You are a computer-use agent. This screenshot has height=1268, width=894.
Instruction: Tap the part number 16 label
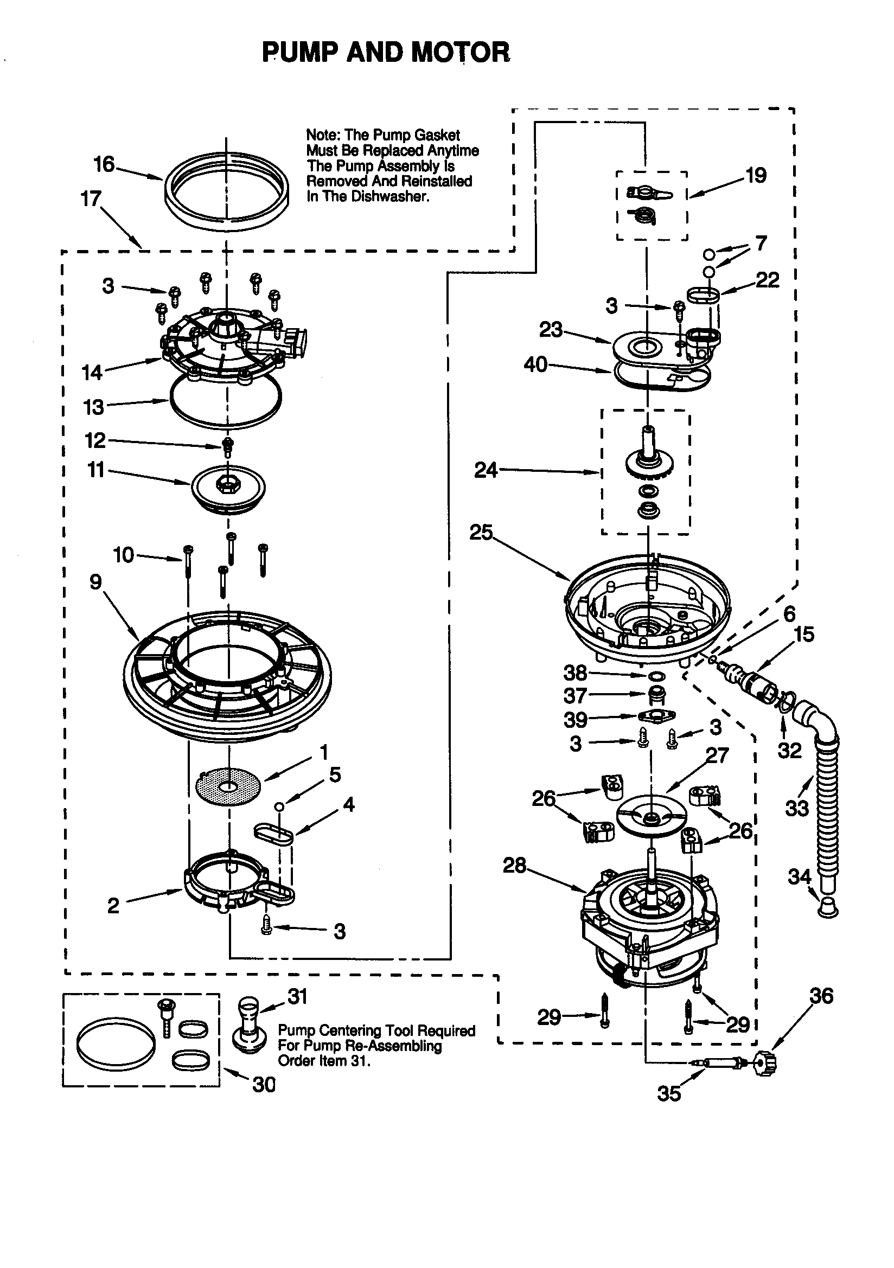click(x=103, y=164)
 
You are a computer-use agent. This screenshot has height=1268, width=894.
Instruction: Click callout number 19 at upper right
click(x=756, y=176)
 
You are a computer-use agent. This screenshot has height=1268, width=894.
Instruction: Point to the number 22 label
click(x=767, y=280)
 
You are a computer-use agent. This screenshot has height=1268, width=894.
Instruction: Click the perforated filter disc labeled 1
click(x=228, y=785)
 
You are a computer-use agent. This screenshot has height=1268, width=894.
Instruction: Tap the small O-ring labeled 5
click(x=280, y=807)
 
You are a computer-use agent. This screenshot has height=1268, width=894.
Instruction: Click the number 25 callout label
click(x=481, y=533)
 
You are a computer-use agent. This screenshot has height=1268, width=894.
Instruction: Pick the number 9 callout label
click(x=95, y=582)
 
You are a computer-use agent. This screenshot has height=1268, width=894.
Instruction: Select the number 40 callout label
click(x=535, y=364)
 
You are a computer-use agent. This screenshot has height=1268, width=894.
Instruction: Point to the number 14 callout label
click(x=92, y=373)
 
